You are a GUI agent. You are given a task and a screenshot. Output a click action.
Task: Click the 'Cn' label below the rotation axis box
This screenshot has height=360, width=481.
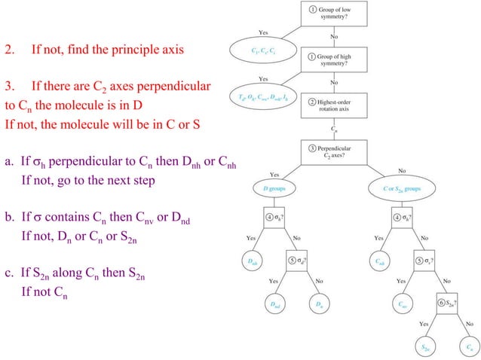[x=334, y=129]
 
